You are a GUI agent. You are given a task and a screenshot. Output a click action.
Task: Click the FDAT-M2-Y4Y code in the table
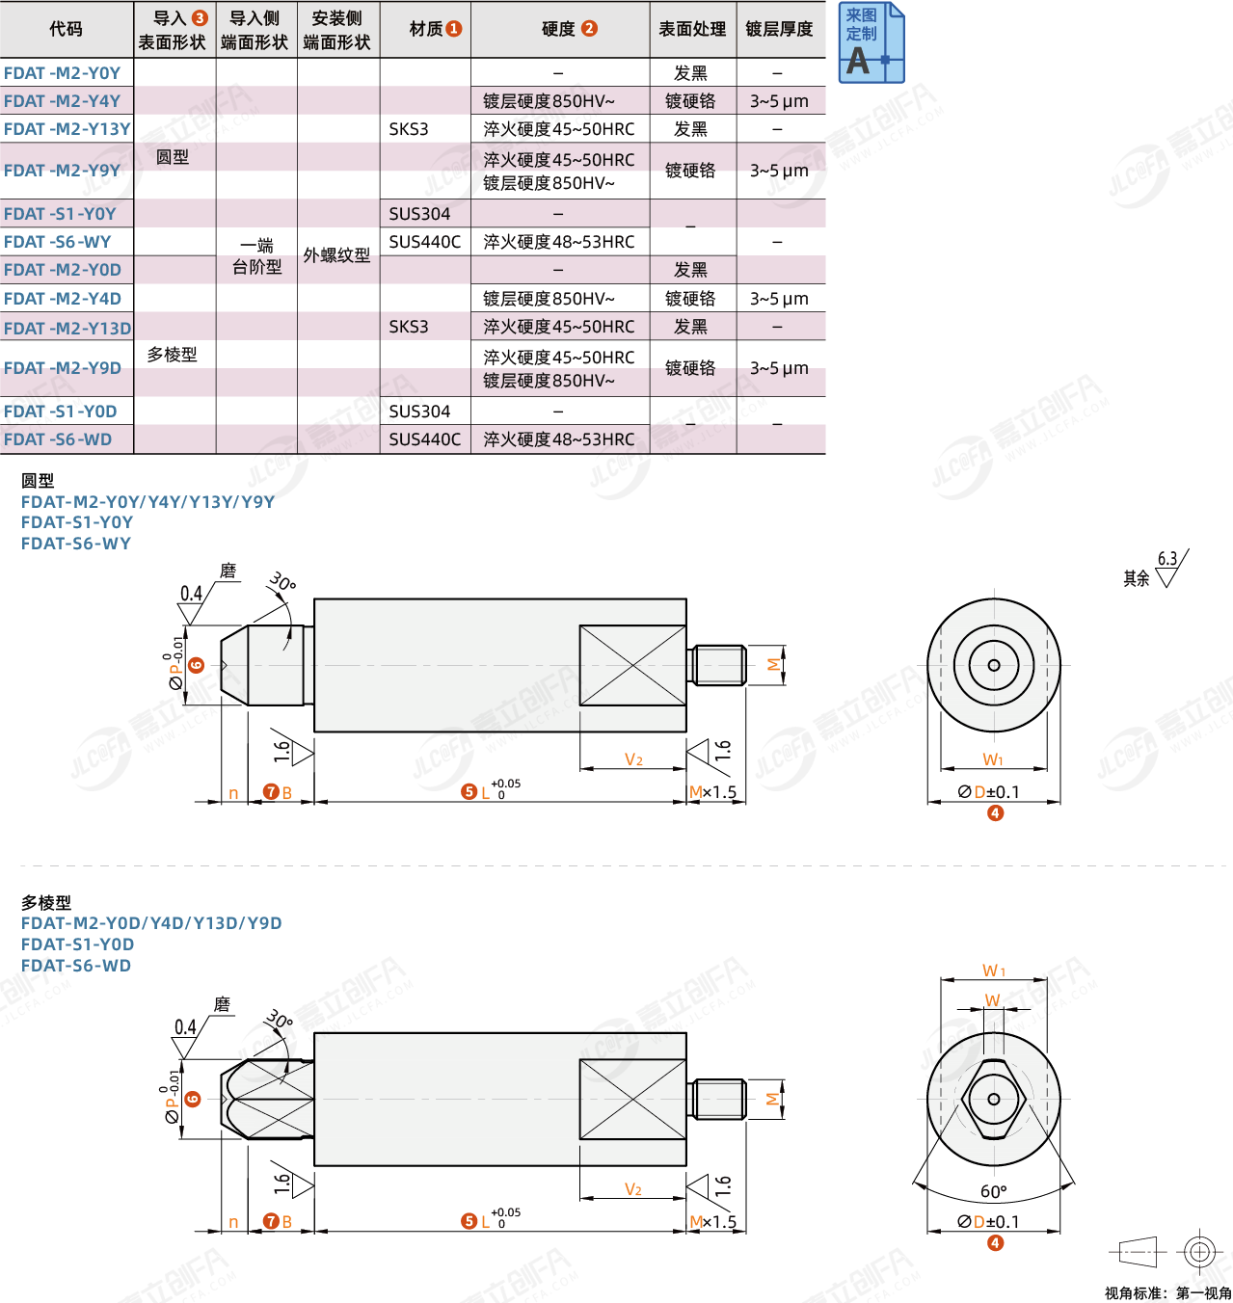tap(63, 101)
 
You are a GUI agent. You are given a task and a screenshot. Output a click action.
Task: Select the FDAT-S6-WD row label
tap(58, 439)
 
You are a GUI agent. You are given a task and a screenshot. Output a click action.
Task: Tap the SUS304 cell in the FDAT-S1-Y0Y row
tap(419, 213)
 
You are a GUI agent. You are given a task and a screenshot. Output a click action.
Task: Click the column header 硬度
tap(570, 29)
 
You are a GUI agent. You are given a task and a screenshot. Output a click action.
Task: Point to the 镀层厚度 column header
tap(779, 29)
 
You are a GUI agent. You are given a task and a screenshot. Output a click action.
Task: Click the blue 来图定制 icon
tap(871, 42)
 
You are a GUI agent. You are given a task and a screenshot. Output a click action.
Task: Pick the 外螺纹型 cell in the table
tap(336, 255)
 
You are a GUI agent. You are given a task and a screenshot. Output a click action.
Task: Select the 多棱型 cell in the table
tap(172, 355)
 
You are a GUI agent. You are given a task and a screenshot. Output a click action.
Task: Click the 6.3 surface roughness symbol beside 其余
tap(1171, 568)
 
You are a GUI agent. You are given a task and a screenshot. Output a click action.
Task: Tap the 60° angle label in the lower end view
tap(994, 1191)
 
